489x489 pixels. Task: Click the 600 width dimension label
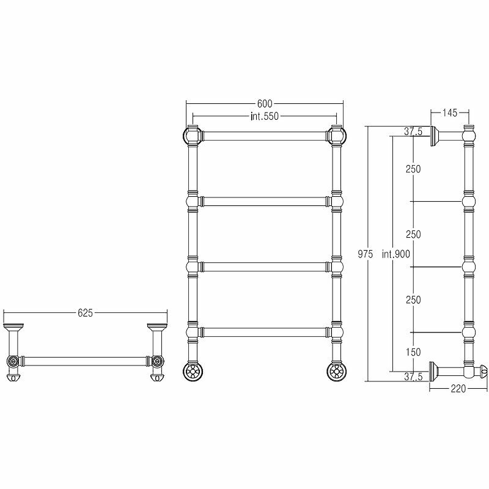point(264,104)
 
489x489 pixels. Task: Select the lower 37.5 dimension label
point(413,377)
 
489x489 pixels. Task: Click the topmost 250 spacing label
point(413,169)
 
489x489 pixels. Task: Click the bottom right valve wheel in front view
point(335,370)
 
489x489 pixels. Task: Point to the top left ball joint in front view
point(192,134)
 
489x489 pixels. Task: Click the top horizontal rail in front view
point(264,134)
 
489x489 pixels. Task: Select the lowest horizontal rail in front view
point(264,332)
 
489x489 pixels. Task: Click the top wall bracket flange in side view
point(436,136)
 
